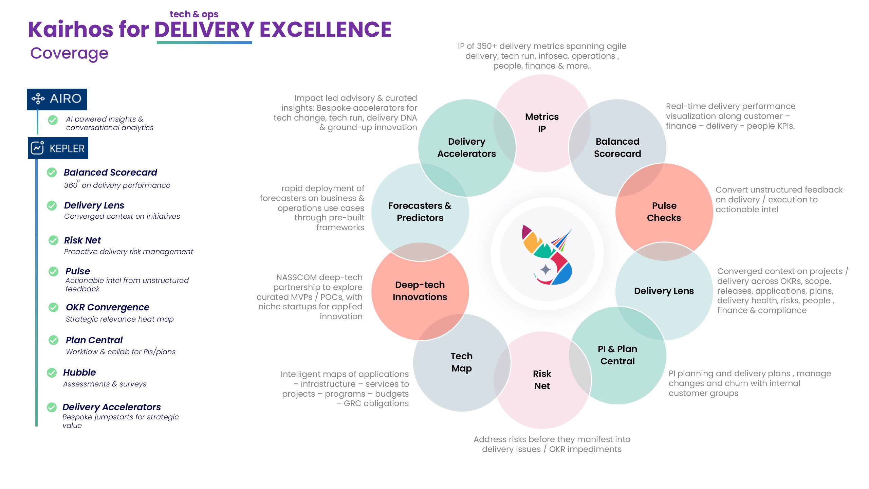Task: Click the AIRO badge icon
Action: point(38,99)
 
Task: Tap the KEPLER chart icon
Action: point(37,148)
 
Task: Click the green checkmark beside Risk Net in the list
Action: point(53,240)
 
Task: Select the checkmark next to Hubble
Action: point(52,373)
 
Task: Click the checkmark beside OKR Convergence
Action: point(53,307)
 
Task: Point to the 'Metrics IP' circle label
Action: point(542,123)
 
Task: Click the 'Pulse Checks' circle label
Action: point(664,212)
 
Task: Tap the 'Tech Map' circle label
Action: point(462,362)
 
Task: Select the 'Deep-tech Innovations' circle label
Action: point(420,291)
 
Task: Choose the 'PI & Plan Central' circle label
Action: point(617,355)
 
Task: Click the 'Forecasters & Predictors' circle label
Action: point(420,212)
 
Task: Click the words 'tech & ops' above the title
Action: point(194,14)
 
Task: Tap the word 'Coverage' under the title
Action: point(69,53)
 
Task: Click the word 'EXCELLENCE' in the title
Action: point(326,30)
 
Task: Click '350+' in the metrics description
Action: point(486,46)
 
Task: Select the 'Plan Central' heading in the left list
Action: point(94,340)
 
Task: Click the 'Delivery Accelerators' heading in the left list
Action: point(112,407)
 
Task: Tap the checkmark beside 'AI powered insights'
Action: point(53,120)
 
